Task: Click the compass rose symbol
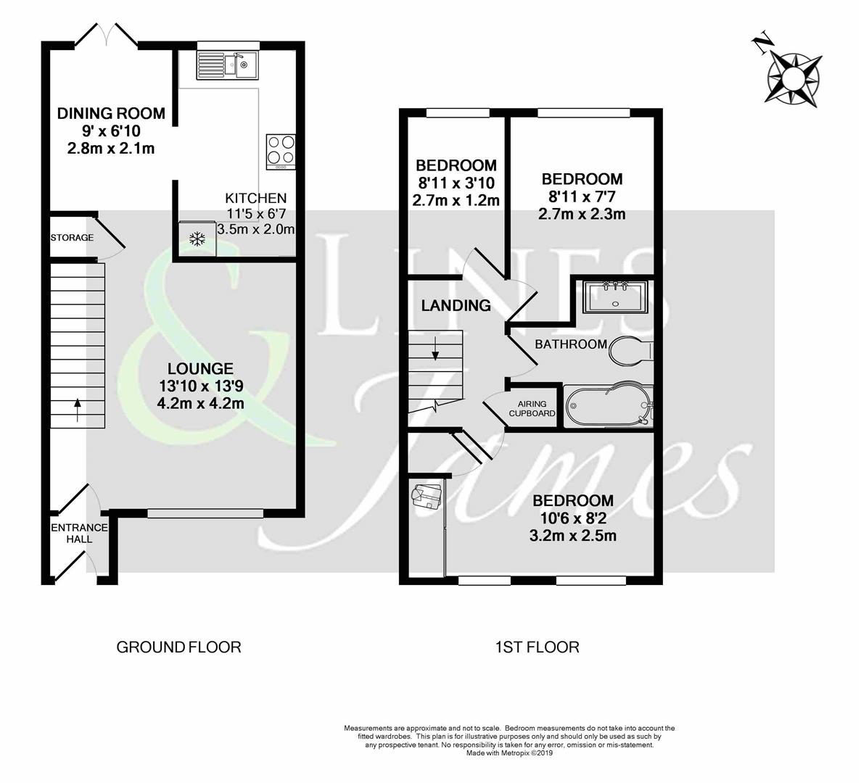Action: [x=794, y=75]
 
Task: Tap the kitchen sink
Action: [x=227, y=65]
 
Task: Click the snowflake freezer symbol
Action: [x=196, y=239]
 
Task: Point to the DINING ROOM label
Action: [x=111, y=113]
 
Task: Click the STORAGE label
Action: [x=71, y=238]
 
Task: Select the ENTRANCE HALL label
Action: [x=79, y=533]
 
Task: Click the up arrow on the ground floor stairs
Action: [x=77, y=408]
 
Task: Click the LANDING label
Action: [x=456, y=305]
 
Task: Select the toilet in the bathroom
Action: [x=630, y=351]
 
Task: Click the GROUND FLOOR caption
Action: [x=178, y=647]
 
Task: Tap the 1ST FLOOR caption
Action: [x=537, y=647]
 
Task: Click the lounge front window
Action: [x=206, y=513]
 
